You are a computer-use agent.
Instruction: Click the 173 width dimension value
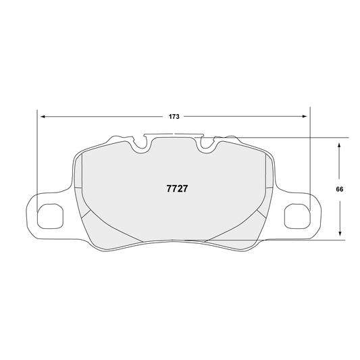coord(174,117)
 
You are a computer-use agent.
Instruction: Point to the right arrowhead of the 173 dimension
coord(305,117)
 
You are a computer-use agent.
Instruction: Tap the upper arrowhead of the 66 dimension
coord(339,144)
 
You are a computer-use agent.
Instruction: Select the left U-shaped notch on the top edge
coord(142,143)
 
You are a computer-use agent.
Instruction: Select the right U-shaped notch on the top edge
coord(206,143)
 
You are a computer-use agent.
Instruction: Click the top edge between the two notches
coord(174,136)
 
